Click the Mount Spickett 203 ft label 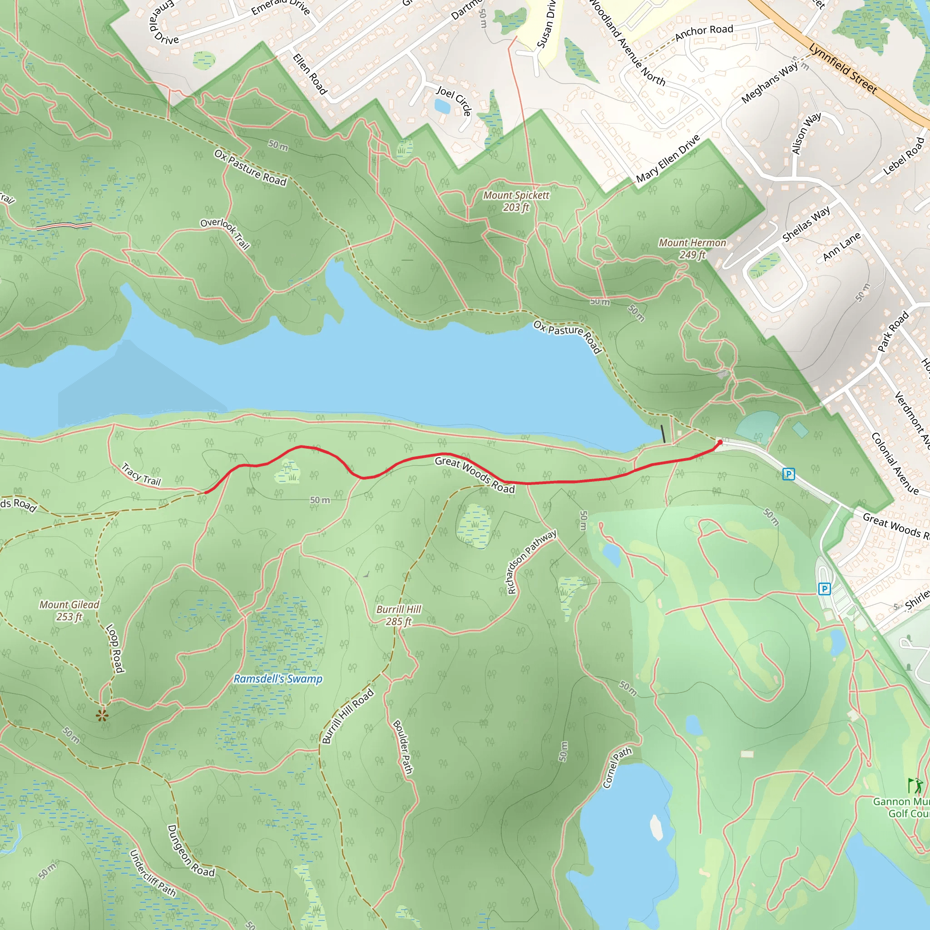515,201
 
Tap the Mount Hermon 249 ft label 692,248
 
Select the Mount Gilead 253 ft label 69,610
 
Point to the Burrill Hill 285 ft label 399,615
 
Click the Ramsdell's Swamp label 278,679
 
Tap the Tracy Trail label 141,474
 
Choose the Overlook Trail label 225,233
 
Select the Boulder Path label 403,747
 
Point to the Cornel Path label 617,767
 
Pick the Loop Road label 114,648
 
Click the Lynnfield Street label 843,69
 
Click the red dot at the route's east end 720,442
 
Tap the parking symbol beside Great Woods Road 788,474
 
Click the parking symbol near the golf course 824,588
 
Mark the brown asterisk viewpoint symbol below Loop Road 102,715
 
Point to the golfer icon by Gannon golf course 915,786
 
